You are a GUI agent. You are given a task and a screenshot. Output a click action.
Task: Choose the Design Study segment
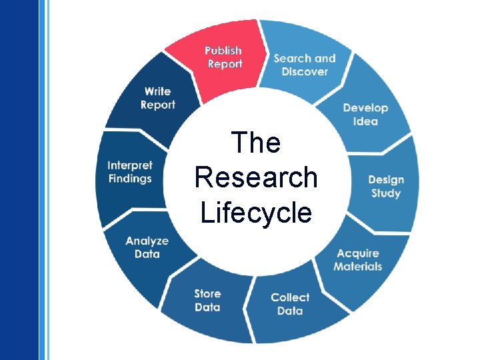385,186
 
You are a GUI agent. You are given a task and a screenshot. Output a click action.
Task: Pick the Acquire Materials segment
358,259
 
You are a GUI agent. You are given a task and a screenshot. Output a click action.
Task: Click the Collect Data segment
290,304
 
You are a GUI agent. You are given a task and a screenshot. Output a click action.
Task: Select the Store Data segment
207,300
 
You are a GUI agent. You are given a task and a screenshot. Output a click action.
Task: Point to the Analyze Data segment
147,247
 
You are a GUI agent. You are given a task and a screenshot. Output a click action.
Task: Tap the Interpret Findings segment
130,172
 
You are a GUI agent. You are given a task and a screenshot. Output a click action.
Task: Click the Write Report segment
158,98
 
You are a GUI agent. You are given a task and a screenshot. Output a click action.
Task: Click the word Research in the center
256,178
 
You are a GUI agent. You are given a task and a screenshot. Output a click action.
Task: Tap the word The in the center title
256,143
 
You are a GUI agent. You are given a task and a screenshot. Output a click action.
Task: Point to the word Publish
223,51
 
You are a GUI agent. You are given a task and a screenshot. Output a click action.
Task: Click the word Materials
358,267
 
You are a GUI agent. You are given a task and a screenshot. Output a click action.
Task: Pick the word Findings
130,179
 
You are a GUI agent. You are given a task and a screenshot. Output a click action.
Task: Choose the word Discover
305,71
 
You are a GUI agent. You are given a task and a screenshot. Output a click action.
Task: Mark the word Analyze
147,241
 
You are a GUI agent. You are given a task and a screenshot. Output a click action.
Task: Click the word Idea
365,121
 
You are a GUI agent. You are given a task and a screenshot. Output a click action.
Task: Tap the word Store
207,293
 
